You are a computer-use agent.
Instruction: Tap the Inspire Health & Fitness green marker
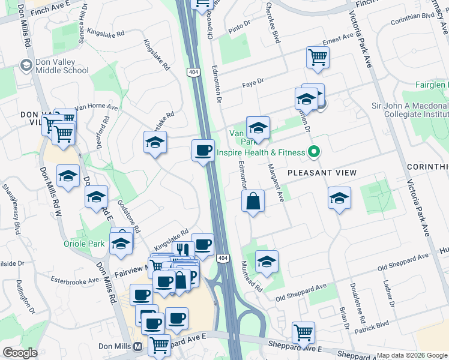(312, 152)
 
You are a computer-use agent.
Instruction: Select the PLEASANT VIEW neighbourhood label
(322, 173)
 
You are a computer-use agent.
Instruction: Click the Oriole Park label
(84, 244)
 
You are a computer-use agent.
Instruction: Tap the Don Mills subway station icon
(138, 347)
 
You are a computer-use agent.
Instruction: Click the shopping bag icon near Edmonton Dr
(253, 200)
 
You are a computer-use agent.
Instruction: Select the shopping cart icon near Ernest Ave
(318, 58)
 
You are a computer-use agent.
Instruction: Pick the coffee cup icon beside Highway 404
(203, 149)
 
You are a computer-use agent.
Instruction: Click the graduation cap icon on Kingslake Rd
(155, 143)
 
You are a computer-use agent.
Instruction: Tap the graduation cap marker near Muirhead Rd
(267, 261)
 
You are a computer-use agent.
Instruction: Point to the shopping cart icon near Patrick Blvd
(303, 332)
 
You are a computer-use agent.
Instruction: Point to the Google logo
(20, 353)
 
